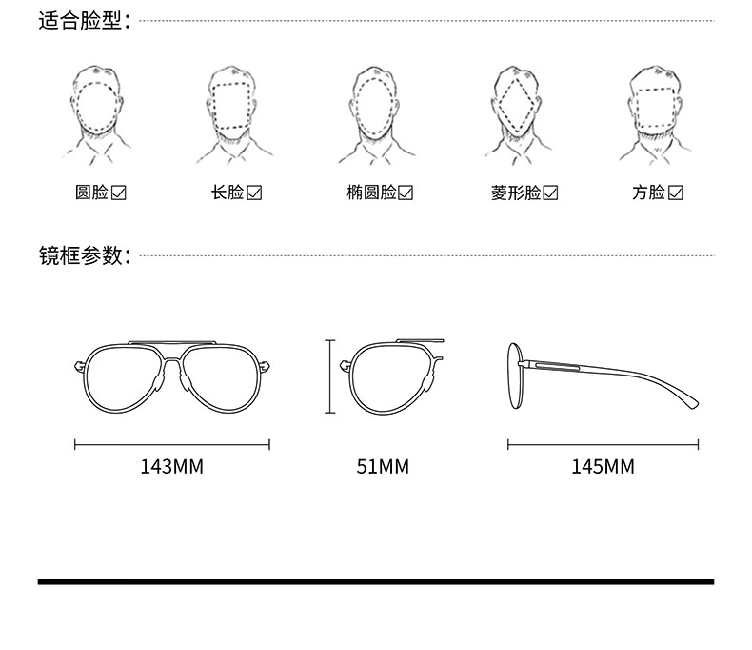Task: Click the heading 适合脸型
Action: [82, 21]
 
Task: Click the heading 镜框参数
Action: [82, 255]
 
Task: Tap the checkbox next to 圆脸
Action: [120, 193]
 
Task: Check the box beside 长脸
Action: [254, 193]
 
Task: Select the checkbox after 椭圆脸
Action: [406, 193]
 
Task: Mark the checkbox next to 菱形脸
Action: [550, 193]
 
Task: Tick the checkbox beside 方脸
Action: [676, 193]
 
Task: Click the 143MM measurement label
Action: [172, 467]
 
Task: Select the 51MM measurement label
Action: [383, 467]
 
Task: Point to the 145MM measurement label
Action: [603, 467]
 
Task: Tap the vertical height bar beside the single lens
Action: [329, 376]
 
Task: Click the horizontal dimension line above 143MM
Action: [172, 443]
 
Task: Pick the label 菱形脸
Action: [516, 193]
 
